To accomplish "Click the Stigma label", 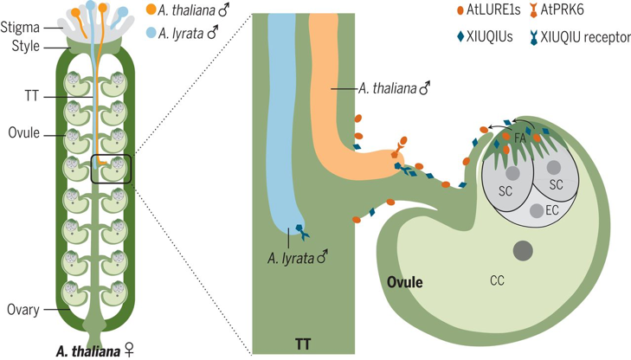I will coord(20,29).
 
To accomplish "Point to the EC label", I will coord(552,209).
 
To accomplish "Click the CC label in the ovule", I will coord(497,281).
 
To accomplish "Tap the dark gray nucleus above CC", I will coord(522,251).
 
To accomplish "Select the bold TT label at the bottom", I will coord(301,344).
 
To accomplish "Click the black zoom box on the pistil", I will coord(111,168).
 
